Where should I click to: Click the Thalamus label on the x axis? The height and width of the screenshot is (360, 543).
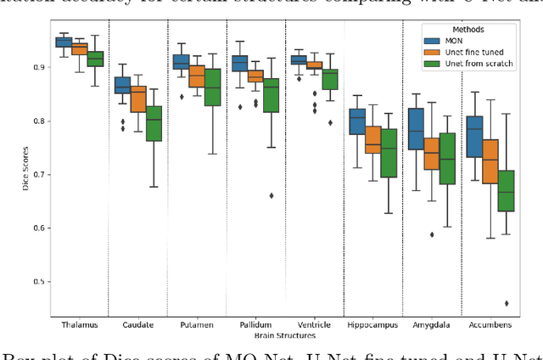point(81,324)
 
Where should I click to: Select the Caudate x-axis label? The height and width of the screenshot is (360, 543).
point(140,324)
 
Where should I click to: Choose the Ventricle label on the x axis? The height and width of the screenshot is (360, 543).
point(316,324)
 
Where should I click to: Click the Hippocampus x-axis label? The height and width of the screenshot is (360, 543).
point(375,324)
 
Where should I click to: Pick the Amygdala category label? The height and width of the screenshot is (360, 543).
point(434,324)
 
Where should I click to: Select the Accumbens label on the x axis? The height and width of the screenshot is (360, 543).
point(493,324)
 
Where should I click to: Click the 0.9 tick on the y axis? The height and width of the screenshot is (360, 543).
point(39,67)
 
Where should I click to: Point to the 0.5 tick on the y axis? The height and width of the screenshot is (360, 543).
point(39,282)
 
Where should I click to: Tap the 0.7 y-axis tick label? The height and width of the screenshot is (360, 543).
point(39,175)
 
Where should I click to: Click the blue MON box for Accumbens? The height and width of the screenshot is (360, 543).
point(474,136)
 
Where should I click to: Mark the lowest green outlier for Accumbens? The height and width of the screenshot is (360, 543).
point(507,303)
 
